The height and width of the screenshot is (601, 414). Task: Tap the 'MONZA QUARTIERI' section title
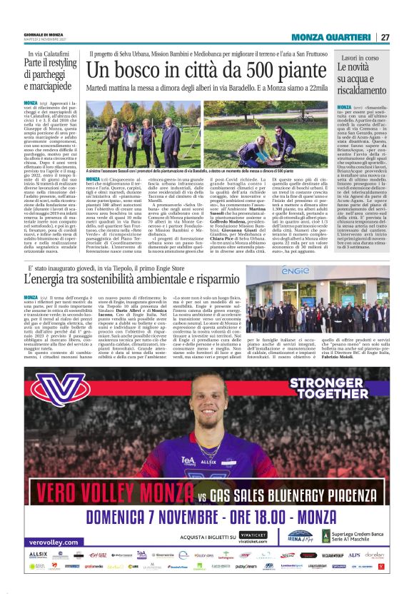333,37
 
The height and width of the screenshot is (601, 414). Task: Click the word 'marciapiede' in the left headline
49,89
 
